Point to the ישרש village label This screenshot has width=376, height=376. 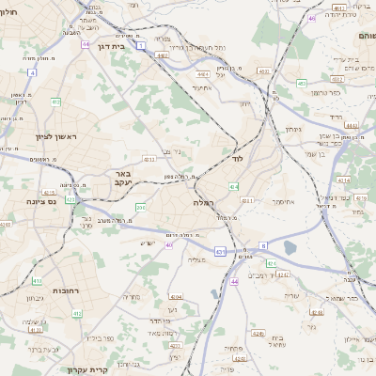pos(147,243)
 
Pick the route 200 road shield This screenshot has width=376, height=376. pos(140,207)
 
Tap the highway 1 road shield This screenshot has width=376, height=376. pos(140,44)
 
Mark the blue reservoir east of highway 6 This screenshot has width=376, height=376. pos(289,247)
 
